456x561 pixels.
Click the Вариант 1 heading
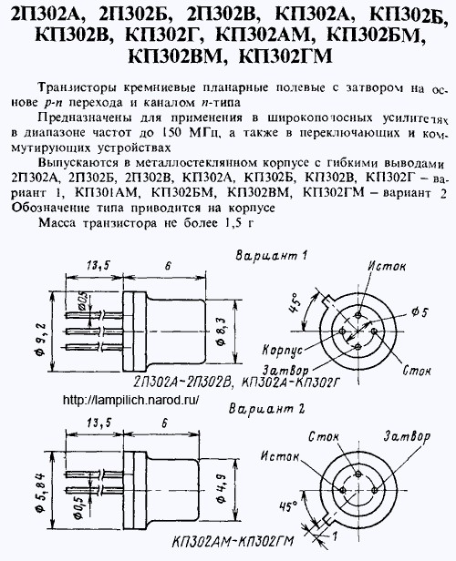[x=271, y=256]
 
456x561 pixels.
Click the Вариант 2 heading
[x=267, y=409]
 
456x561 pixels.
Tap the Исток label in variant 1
[x=387, y=266]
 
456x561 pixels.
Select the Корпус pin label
[x=283, y=350]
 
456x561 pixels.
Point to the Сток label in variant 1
[x=417, y=371]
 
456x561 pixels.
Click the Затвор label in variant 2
[x=408, y=436]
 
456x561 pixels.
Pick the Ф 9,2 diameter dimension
[x=41, y=338]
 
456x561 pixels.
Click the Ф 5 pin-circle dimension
[x=420, y=312]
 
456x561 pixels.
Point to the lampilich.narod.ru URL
[x=130, y=400]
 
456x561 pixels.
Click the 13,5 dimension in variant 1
[x=97, y=266]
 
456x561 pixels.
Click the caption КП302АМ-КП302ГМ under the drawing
[x=233, y=541]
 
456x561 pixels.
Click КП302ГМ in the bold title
[x=285, y=56]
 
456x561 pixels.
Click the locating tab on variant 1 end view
[x=328, y=300]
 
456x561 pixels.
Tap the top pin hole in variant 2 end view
[x=358, y=474]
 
